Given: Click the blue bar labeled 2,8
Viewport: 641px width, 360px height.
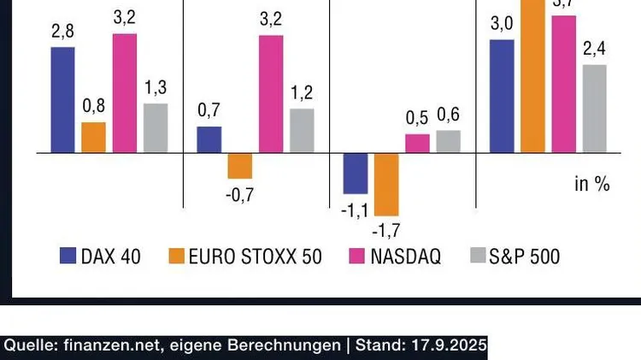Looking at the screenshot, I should [x=62, y=100].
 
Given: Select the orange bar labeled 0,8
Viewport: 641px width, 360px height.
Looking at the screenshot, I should [x=93, y=138].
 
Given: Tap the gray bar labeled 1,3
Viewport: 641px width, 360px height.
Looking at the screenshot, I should [x=156, y=128].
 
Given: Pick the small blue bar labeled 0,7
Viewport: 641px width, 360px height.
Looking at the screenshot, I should [x=209, y=140].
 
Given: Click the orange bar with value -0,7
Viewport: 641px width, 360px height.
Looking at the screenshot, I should [x=240, y=166].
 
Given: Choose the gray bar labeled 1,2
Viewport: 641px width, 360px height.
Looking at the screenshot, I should [x=302, y=131].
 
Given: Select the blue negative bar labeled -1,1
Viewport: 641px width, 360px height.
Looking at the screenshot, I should [x=356, y=174].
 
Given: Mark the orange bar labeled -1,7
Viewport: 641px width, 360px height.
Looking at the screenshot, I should [x=386, y=185].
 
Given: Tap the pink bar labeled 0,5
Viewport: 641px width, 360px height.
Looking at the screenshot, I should [x=417, y=144].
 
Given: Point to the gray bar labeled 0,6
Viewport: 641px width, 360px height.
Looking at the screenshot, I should [x=448, y=142].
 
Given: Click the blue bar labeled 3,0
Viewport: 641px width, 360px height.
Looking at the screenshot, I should [x=502, y=96].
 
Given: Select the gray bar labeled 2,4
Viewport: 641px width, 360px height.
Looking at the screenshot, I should [x=594, y=109].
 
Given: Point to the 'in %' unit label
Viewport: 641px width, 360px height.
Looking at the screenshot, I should [x=591, y=184].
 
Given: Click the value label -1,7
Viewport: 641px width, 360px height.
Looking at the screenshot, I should [x=386, y=229].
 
